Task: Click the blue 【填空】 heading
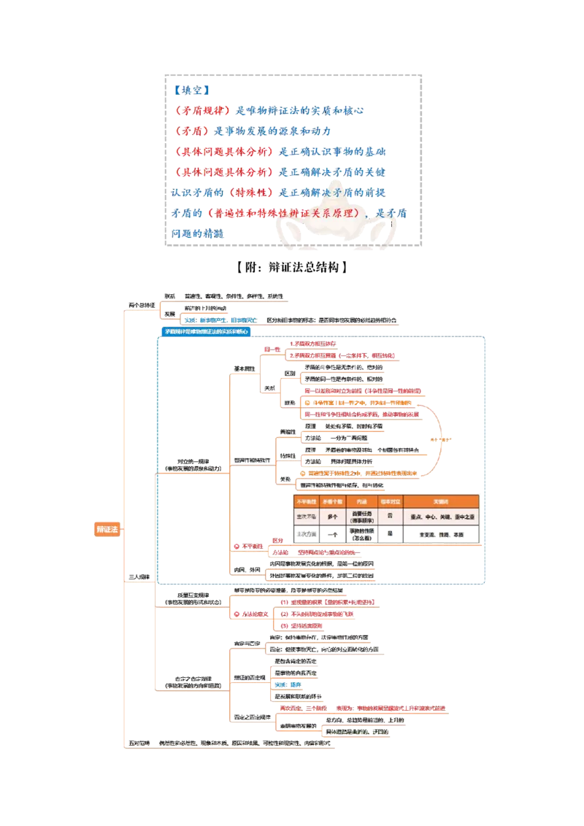[192, 90]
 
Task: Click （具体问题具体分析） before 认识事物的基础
[226, 153]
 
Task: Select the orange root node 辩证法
[107, 529]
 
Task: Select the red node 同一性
[272, 350]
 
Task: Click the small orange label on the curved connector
[440, 439]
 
